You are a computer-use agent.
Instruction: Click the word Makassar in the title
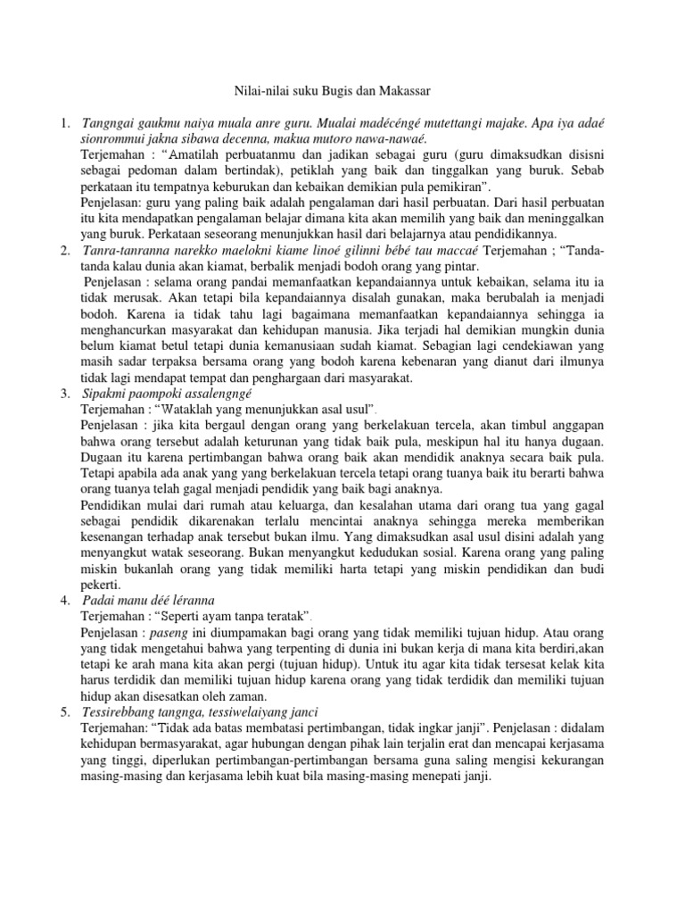(x=404, y=90)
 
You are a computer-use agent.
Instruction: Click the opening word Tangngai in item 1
(x=110, y=121)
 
